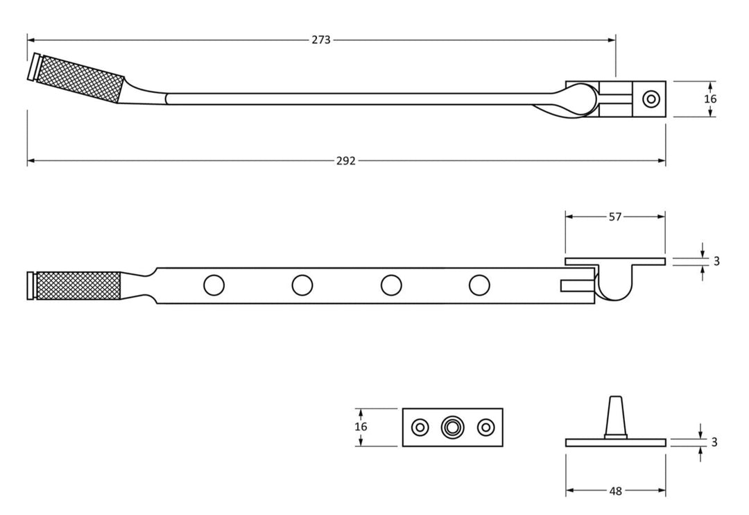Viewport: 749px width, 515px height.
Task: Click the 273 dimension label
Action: pyautogui.click(x=321, y=40)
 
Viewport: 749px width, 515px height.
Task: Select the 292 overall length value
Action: pyautogui.click(x=345, y=161)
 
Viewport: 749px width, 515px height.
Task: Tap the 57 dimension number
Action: pyautogui.click(x=615, y=217)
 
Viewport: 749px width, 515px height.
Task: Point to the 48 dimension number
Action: pyautogui.click(x=615, y=491)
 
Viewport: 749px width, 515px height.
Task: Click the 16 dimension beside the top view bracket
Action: pyautogui.click(x=710, y=99)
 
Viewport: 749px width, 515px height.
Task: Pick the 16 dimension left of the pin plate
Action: pyautogui.click(x=361, y=427)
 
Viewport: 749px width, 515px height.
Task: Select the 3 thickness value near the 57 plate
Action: pyautogui.click(x=716, y=261)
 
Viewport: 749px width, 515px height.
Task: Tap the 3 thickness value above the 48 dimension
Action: pyautogui.click(x=714, y=442)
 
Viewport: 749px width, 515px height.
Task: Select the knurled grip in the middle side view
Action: pyautogui.click(x=78, y=285)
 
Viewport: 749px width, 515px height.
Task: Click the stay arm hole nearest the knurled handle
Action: pyautogui.click(x=214, y=285)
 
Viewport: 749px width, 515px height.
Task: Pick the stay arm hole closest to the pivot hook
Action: pyautogui.click(x=479, y=285)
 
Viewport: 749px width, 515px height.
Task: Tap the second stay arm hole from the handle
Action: pyautogui.click(x=302, y=285)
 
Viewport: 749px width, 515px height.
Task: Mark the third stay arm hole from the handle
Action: pyautogui.click(x=391, y=285)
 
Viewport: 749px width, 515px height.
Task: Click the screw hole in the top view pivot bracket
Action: pyautogui.click(x=651, y=99)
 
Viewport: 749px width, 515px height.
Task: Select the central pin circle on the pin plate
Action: pyautogui.click(x=452, y=428)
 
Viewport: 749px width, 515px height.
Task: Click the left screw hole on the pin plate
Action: pyautogui.click(x=419, y=428)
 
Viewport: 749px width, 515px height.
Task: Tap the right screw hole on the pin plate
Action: pyautogui.click(x=485, y=428)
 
